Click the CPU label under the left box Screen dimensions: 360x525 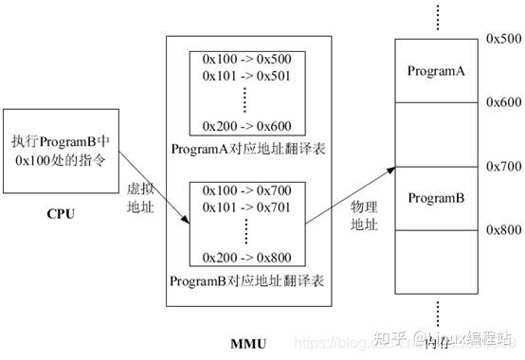[60, 212]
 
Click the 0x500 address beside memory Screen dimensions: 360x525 [502, 39]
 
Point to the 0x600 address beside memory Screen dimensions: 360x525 [502, 102]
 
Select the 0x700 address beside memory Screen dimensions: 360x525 [502, 166]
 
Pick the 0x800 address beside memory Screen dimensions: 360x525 [502, 229]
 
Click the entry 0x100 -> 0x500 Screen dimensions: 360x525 [246, 59]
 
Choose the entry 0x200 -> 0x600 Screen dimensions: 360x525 [246, 125]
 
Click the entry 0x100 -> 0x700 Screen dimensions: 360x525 [246, 191]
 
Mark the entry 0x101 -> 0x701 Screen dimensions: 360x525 [246, 207]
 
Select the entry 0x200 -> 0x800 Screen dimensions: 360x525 [246, 258]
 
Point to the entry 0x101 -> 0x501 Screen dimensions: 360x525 [246, 75]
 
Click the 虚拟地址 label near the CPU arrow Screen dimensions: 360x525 [139, 195]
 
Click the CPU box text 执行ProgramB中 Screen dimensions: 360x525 [60, 140]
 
